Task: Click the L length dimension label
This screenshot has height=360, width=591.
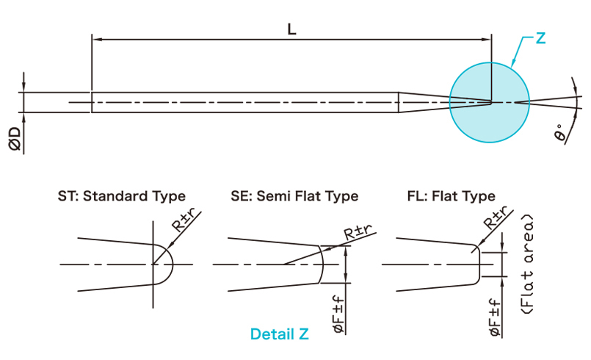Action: click(291, 29)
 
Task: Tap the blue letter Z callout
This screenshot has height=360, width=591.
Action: click(540, 38)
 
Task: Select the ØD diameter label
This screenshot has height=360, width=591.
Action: click(15, 139)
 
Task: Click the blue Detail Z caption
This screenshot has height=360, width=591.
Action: click(279, 334)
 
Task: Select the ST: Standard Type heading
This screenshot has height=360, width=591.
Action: click(121, 196)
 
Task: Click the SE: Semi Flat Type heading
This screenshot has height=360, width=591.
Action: click(294, 196)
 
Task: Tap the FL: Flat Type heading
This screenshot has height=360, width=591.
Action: click(452, 196)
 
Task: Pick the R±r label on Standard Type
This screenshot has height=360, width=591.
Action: click(184, 220)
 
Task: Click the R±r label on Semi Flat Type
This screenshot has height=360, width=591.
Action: click(358, 232)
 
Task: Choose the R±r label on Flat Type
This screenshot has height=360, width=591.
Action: click(496, 217)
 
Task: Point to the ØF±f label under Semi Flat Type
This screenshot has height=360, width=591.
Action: click(339, 314)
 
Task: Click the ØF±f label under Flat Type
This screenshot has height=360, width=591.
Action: click(495, 317)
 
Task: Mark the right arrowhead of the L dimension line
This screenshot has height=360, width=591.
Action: click(486, 39)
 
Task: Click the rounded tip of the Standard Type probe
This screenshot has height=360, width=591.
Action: click(173, 264)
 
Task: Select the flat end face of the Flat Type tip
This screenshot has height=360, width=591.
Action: click(479, 264)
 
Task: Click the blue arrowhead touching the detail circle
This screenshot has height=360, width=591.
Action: click(512, 63)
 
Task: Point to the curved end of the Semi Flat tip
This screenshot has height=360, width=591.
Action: click(323, 264)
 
